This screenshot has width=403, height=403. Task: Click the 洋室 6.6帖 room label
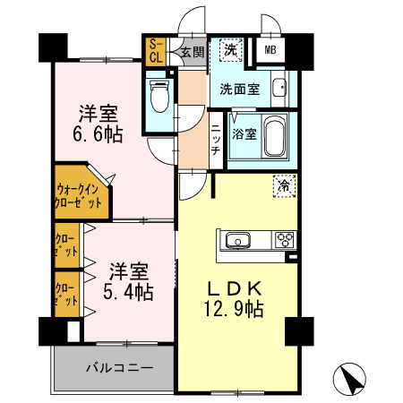point(99,123)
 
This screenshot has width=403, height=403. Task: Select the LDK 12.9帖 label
point(235,299)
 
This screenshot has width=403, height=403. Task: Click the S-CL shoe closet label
point(154,50)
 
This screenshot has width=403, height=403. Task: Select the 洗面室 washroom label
point(242,90)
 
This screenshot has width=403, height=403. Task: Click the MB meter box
point(269,51)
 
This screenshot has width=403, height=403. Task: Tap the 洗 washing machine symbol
point(231,49)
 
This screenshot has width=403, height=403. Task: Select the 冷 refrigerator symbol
point(283,186)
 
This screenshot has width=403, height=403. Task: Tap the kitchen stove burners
point(284,240)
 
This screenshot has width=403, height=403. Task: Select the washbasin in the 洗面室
point(279,90)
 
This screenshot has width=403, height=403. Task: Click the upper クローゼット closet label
point(65,244)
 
